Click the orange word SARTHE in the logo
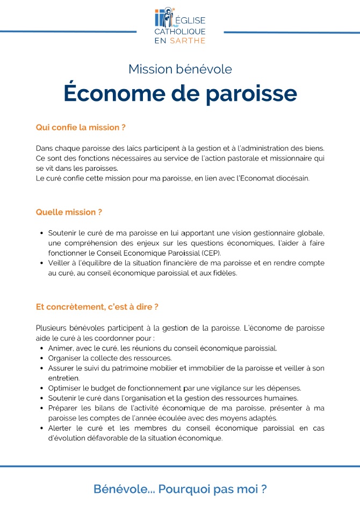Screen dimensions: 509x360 pos(189,40)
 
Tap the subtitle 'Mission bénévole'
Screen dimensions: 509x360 pos(180,69)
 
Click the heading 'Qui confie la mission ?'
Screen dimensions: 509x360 pos(81,128)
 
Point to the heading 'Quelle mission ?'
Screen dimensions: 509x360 pos(69,212)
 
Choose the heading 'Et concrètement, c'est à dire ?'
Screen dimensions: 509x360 pos(97,307)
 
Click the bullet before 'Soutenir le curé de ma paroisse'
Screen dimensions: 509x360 pos(42,233)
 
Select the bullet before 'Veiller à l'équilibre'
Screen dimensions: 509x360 pos(42,263)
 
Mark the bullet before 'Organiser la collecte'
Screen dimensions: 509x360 pos(42,358)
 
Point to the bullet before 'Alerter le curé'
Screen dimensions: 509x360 pos(42,428)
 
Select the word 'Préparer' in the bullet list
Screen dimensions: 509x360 pos(63,408)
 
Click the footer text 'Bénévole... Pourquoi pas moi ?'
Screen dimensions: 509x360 pos(180,489)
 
